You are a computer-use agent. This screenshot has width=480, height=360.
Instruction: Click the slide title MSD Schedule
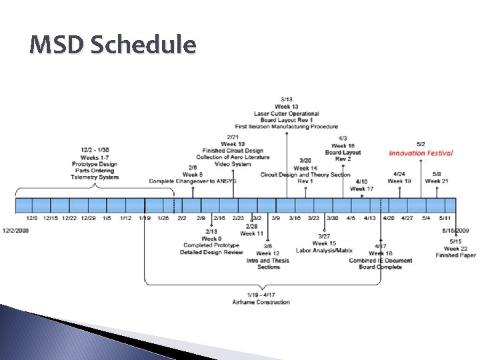(x=113, y=45)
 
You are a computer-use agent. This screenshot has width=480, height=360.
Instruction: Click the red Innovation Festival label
(x=421, y=153)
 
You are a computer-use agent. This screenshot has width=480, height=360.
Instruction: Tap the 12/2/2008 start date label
(x=17, y=229)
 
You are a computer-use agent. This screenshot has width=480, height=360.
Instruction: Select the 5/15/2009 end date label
(x=457, y=230)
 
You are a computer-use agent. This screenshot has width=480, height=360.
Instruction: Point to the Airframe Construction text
(x=261, y=302)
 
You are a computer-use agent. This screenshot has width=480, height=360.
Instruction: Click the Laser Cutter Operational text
(x=286, y=114)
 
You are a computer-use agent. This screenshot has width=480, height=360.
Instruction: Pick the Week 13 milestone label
(x=286, y=107)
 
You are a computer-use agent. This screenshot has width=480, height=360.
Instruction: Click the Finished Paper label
(x=456, y=255)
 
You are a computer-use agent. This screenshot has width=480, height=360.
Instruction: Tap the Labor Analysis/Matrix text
(x=324, y=251)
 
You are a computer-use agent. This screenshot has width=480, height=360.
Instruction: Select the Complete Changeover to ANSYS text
(x=193, y=181)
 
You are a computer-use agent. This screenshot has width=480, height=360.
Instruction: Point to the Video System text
(x=233, y=164)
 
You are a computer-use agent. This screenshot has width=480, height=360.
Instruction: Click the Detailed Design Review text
(x=211, y=253)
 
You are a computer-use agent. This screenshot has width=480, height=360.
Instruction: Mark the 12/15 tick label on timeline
(x=50, y=218)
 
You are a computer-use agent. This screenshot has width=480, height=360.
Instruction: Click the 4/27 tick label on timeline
(x=407, y=218)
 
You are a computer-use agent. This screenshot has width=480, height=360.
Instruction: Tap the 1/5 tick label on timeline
(x=107, y=218)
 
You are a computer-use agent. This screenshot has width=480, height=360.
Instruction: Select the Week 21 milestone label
(x=437, y=181)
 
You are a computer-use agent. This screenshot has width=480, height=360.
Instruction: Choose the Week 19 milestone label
(x=399, y=181)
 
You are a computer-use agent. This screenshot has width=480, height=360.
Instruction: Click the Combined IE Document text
(x=381, y=261)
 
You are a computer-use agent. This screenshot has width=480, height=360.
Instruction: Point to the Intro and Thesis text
(x=268, y=261)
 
